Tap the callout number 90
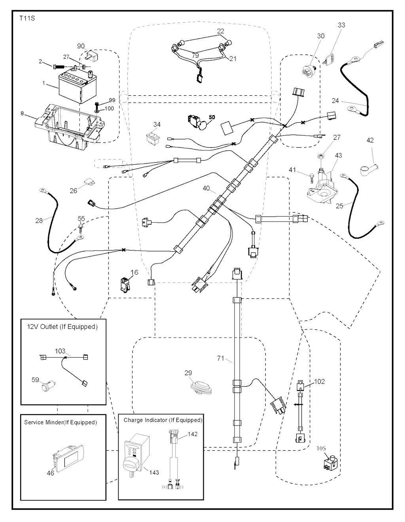pyautogui.click(x=81, y=46)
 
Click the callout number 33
pyautogui.click(x=341, y=25)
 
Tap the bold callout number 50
pyautogui.click(x=212, y=118)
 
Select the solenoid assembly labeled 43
pyautogui.click(x=322, y=186)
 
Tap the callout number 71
pyautogui.click(x=220, y=359)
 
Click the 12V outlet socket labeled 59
pyautogui.click(x=49, y=385)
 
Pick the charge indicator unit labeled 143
pyautogui.click(x=136, y=455)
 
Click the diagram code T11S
pyautogui.click(x=27, y=19)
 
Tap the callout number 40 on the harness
pyautogui.click(x=206, y=188)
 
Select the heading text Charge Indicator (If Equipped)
pyautogui.click(x=163, y=420)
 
